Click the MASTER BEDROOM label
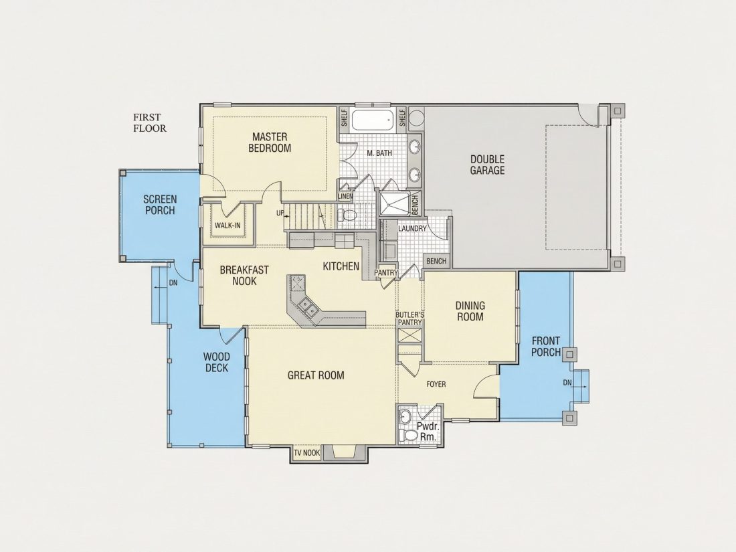270,143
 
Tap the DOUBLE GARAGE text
487,165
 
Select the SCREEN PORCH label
160,205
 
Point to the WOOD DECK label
216,363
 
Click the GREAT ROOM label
315,375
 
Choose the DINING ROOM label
470,311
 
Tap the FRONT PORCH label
546,347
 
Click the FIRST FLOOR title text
150,122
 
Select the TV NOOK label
307,453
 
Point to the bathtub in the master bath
373,120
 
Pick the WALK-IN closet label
227,225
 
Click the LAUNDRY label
413,228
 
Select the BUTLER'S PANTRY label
409,318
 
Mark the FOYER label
436,384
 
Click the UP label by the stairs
280,213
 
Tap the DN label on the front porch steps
567,383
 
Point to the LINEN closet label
345,196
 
